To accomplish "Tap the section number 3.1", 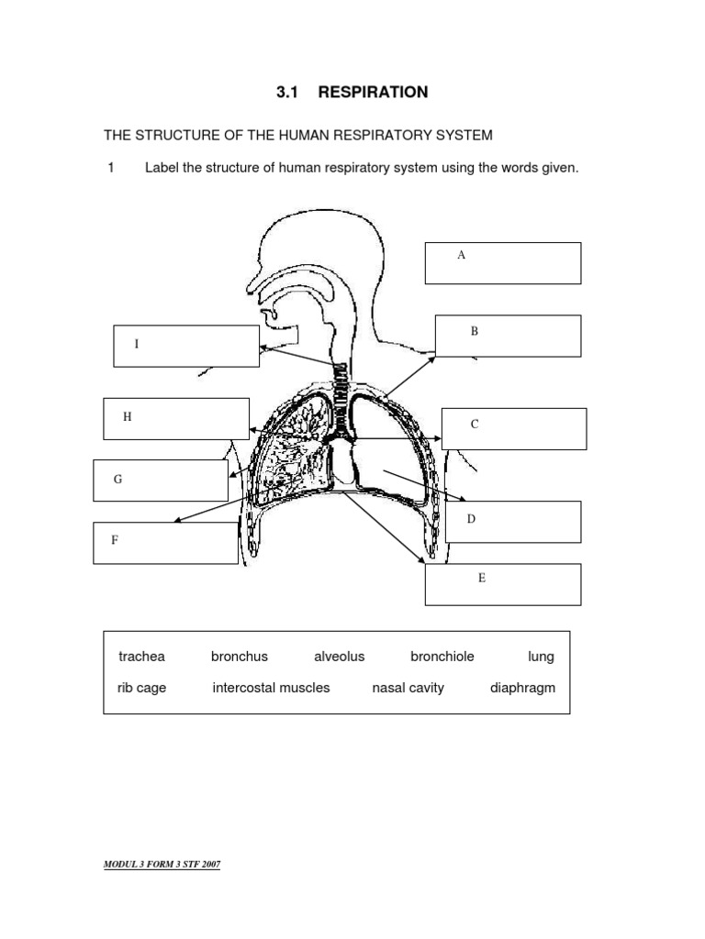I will [290, 92].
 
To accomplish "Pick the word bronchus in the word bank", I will [240, 657].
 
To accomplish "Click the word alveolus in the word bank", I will [339, 657].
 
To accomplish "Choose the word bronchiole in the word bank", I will [442, 657].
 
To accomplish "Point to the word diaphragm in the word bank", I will [522, 688].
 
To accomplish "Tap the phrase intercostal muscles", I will [271, 688].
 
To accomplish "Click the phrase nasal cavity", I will [408, 688].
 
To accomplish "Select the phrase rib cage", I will [142, 688].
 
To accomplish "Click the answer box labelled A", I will [502, 263].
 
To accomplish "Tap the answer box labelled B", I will [508, 336].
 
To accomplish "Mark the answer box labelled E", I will [502, 584].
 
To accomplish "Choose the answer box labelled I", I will [186, 346].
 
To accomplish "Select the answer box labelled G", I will [161, 481].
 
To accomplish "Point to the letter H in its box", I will [128, 416].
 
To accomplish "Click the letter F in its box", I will [115, 540].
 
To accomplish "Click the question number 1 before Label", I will [110, 168].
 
